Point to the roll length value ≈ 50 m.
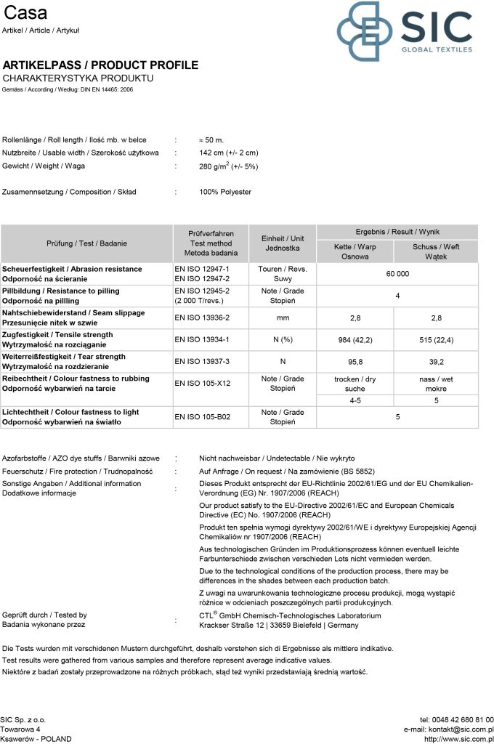(x=211, y=139)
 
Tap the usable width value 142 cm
(x=228, y=153)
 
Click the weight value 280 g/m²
(x=228, y=166)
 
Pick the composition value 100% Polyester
(x=225, y=193)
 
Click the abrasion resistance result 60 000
(x=397, y=274)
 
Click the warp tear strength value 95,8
(x=355, y=361)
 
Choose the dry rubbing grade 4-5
(x=355, y=400)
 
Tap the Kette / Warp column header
(x=355, y=251)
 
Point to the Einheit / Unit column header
(x=283, y=243)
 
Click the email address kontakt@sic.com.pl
(x=448, y=729)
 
